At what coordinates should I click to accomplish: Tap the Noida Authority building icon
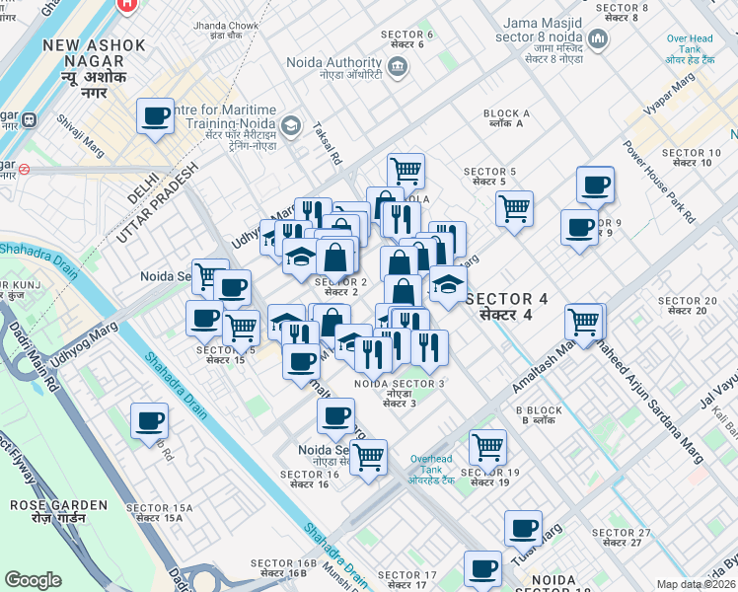tap(397, 67)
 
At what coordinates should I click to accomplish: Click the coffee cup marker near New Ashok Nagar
tap(156, 116)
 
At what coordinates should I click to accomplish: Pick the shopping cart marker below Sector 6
tap(406, 171)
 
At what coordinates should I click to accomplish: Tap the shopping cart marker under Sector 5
tap(514, 208)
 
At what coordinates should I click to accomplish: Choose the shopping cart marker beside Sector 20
tap(585, 321)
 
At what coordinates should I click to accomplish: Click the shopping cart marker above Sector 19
tap(487, 447)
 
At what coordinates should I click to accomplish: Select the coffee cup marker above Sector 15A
tap(150, 420)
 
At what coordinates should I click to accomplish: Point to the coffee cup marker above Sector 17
tap(482, 568)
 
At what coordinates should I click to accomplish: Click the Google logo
tap(34, 579)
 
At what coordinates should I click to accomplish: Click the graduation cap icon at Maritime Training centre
tap(290, 125)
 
